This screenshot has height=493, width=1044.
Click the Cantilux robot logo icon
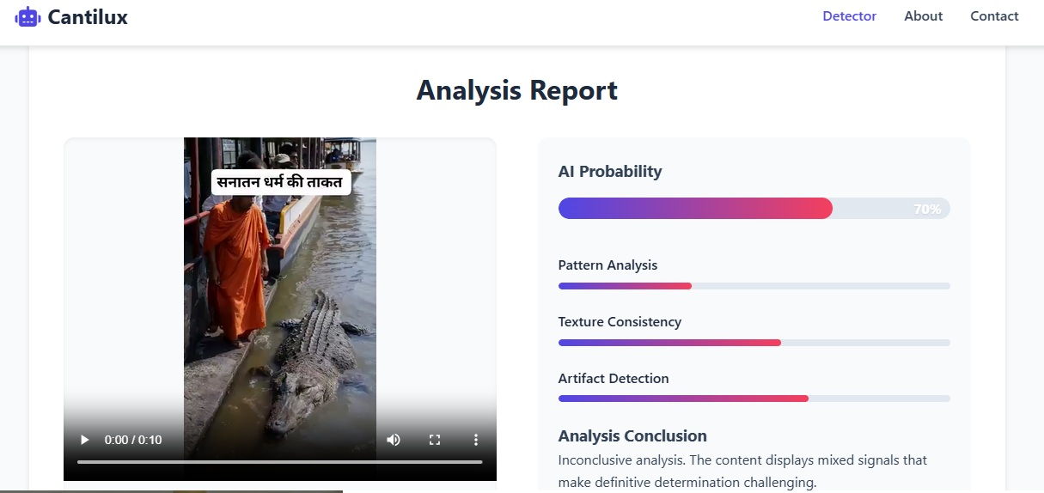[x=27, y=17]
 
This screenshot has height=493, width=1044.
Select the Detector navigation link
[x=849, y=16]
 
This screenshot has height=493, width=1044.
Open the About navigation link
[x=924, y=16]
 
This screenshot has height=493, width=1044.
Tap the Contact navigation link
[x=994, y=16]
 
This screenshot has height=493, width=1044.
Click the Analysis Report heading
[x=517, y=90]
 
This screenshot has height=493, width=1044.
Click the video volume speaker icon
[x=393, y=440]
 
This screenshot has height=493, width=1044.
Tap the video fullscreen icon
[x=435, y=440]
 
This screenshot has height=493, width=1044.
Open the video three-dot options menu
[x=476, y=440]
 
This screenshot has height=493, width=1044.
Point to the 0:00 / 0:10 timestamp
[x=133, y=440]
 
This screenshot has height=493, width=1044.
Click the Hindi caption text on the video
[x=280, y=182]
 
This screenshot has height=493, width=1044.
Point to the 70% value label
[x=927, y=210]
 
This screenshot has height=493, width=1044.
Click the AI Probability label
[x=609, y=172]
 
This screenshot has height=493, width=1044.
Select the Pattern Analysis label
[x=607, y=265]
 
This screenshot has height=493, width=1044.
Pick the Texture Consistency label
[x=620, y=322]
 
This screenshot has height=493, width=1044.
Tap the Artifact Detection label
[x=614, y=379]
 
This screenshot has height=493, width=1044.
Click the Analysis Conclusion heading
[x=632, y=436]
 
